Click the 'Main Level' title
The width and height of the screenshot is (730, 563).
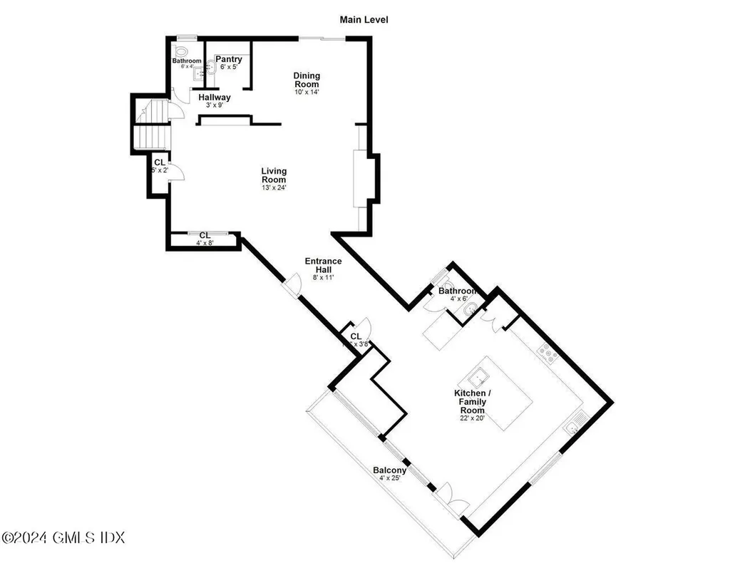pos(364,20)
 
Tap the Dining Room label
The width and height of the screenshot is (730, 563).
pos(307,79)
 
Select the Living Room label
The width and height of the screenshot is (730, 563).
pos(274,175)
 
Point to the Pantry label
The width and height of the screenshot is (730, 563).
pos(229,60)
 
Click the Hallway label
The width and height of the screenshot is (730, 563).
pos(215,98)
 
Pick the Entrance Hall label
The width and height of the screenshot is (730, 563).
pos(323,264)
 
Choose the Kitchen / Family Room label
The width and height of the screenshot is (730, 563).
pos(472,402)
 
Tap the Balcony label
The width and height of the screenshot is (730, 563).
pos(390,470)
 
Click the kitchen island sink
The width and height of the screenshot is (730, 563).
pos(478,376)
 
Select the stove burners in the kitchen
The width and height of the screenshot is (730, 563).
pos(547,352)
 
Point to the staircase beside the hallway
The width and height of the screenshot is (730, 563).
pos(152,127)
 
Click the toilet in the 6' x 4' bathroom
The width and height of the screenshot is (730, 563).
pos(181,51)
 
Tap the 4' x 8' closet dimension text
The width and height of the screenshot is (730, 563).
pos(205,243)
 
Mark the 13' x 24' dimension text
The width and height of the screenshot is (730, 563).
pos(274,188)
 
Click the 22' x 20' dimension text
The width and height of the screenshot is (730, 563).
pos(472,419)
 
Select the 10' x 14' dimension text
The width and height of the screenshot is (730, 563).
pos(307,92)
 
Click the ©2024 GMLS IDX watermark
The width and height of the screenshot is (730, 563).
pos(63,537)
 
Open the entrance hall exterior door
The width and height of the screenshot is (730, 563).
pos(292,285)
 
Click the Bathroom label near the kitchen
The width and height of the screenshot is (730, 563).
pos(457,291)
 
